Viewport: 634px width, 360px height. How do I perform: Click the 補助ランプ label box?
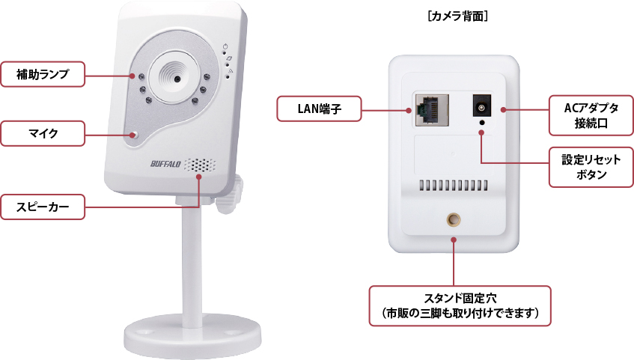pos(43,74)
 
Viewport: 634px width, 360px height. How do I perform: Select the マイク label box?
pos(43,134)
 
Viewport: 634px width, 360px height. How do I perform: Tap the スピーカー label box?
pos(43,207)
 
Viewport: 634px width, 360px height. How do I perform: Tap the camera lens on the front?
pos(175,76)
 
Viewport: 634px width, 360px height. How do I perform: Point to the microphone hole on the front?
pos(133,135)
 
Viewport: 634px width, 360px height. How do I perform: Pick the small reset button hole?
pos(481,123)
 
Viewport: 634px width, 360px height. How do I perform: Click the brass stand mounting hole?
pos(454,219)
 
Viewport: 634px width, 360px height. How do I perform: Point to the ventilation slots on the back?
pos(453,184)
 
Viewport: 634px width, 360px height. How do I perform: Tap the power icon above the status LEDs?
pos(225,46)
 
